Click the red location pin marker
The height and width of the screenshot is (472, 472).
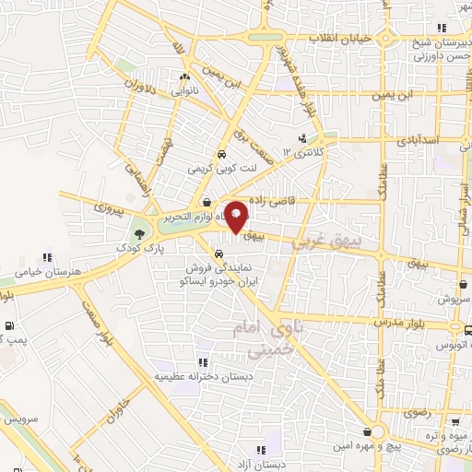tap(237, 216)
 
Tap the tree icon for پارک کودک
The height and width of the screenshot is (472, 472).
tap(139, 234)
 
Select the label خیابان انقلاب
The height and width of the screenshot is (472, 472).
tap(347, 39)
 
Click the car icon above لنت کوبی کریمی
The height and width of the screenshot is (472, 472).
tap(221, 155)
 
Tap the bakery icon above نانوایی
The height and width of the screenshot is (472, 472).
tap(185, 77)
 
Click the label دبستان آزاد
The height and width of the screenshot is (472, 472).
tap(250, 465)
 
